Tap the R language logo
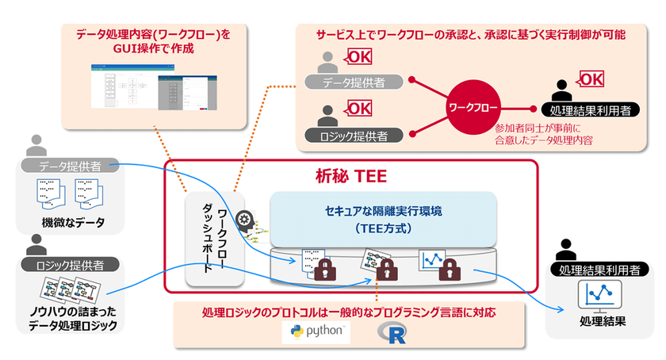pyautogui.click(x=388, y=331)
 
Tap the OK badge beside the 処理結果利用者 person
pyautogui.click(x=591, y=79)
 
